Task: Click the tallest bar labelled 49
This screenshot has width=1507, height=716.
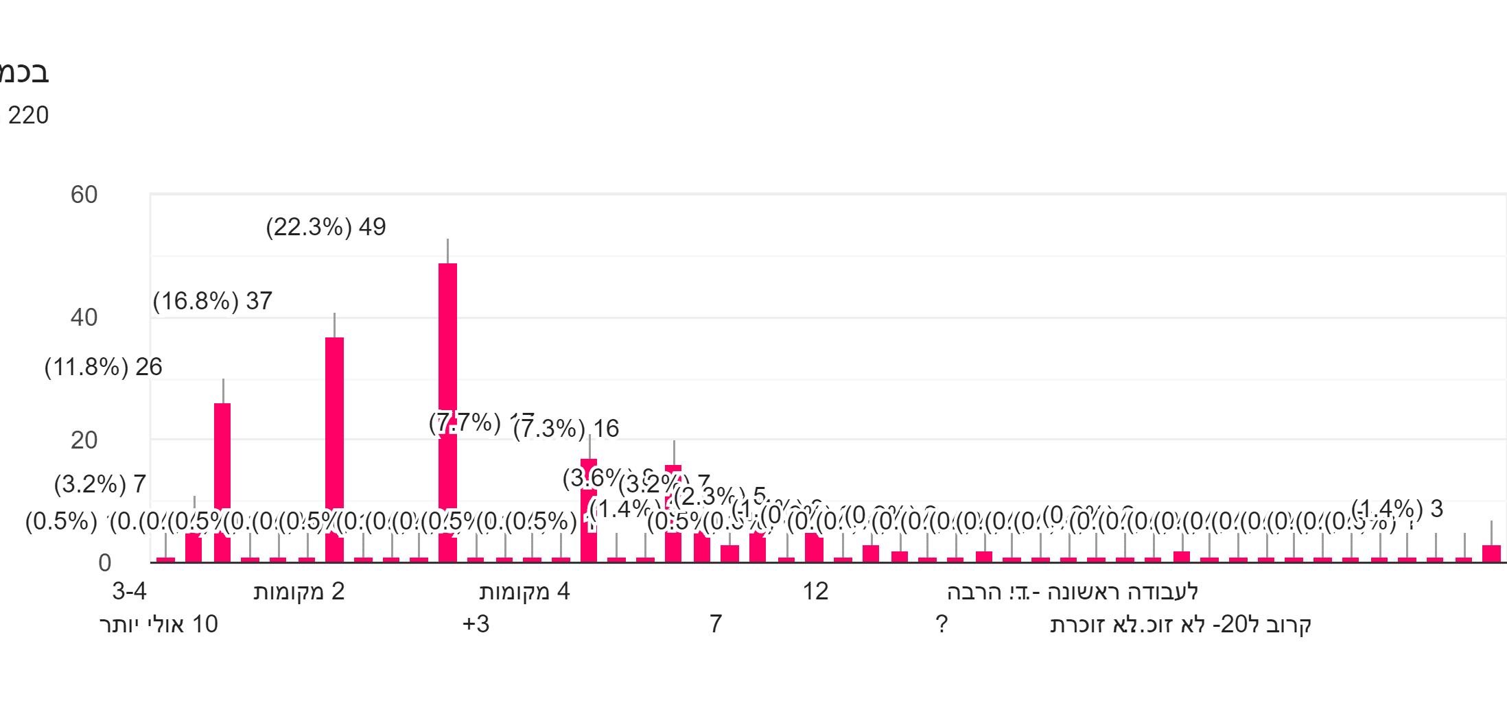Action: coord(447,411)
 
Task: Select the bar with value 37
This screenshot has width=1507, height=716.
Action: coord(334,449)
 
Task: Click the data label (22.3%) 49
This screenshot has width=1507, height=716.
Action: coord(326,227)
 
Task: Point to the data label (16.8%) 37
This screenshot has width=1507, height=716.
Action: coord(213,301)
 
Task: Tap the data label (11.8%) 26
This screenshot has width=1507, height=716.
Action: coord(104,367)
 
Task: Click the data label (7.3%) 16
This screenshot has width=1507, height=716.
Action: coord(567,429)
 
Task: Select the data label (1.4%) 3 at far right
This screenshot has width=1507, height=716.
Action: coord(1397,509)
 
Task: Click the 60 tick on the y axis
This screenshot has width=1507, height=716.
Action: coord(84,195)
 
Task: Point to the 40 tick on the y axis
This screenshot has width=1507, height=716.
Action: coord(84,318)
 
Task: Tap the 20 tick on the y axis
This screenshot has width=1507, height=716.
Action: coord(84,440)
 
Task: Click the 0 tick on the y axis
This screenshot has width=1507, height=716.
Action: coord(104,563)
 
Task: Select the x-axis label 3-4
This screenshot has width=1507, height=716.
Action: coord(130,591)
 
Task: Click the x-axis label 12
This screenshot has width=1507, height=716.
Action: coord(815,591)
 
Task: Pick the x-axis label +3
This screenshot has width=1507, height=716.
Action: coord(476,624)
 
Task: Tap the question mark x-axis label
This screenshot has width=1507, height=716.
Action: coord(942,624)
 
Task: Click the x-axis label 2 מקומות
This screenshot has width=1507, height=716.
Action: coord(299,591)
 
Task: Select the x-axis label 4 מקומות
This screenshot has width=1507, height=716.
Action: coord(524,591)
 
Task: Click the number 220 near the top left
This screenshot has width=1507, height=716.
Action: coord(29,115)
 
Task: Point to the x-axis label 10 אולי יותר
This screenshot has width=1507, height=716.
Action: coord(159,624)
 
